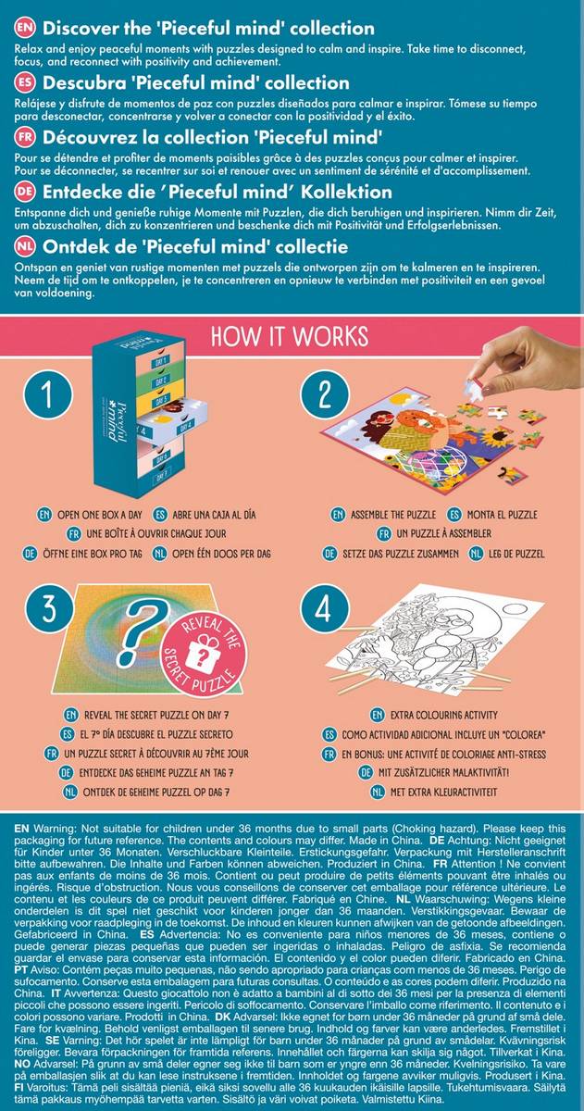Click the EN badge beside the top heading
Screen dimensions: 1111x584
(x=25, y=29)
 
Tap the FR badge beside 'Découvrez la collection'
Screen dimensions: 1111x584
(x=25, y=138)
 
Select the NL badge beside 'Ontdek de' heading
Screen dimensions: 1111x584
(x=25, y=247)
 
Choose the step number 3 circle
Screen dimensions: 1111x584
(x=43, y=611)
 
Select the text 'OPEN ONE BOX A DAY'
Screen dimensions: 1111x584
(x=93, y=514)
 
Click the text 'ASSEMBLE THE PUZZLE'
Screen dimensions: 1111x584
(x=392, y=514)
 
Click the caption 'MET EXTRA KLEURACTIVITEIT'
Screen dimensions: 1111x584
(x=445, y=793)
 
